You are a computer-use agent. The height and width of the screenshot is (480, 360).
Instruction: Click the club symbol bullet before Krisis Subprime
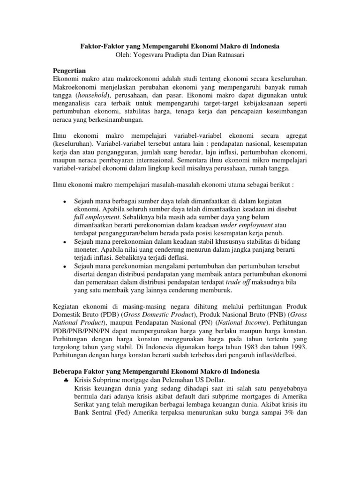65,380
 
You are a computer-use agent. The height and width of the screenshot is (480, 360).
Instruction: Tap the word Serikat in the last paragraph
86,405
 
